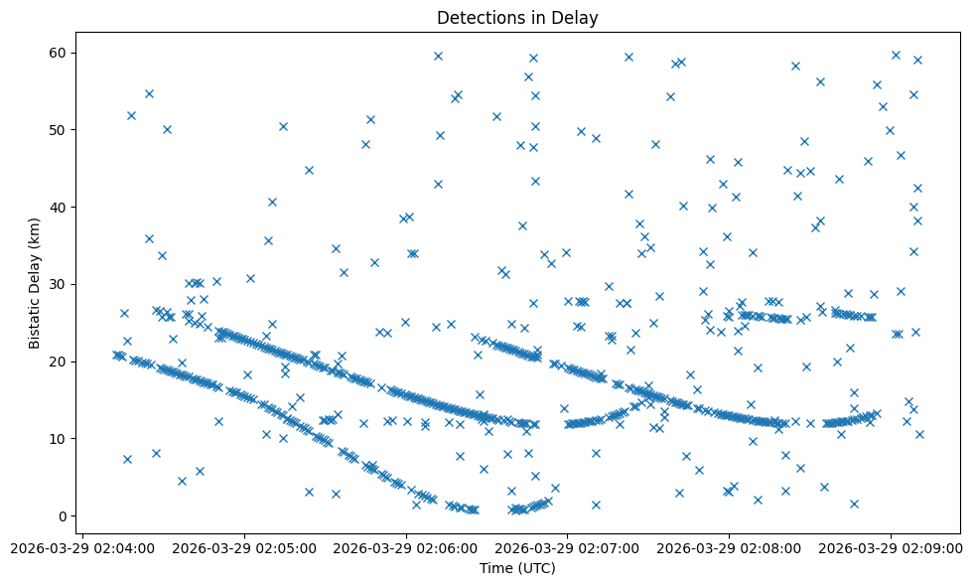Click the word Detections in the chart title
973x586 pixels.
pyautogui.click(x=472, y=18)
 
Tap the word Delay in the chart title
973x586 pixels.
pyautogui.click(x=577, y=18)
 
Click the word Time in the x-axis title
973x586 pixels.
pyautogui.click(x=496, y=568)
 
